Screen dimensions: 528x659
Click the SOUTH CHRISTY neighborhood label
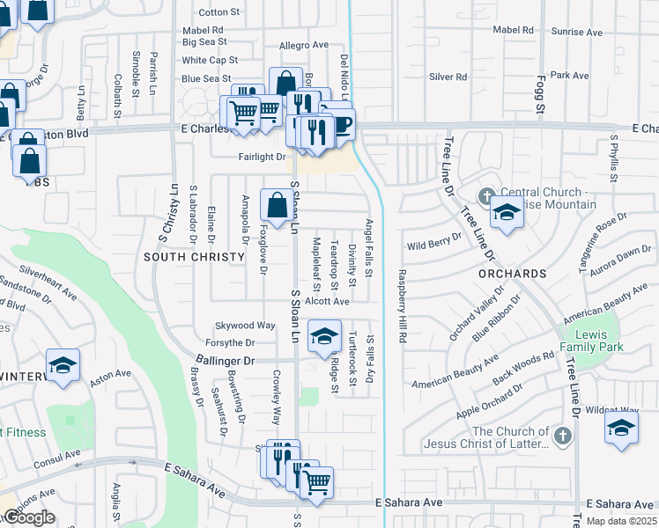[x=194, y=257]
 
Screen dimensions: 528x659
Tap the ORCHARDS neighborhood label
[x=513, y=274]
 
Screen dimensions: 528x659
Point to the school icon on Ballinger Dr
[x=323, y=337]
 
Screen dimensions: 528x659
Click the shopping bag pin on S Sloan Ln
[x=278, y=206]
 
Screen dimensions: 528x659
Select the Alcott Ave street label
[x=327, y=301]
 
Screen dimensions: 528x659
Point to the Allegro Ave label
[x=303, y=45]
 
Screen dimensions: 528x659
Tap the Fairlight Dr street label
[x=262, y=157]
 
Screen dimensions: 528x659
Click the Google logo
[x=29, y=517]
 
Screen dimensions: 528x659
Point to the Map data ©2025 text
[x=620, y=521]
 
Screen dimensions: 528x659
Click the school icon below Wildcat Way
[x=620, y=429]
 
